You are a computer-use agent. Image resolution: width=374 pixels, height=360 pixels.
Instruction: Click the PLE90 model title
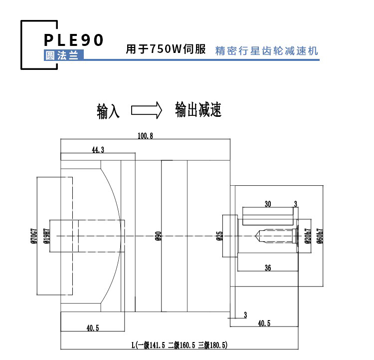73,39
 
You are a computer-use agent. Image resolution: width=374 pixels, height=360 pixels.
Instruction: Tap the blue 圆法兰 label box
64,55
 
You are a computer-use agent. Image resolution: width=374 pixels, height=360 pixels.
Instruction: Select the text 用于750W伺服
166,49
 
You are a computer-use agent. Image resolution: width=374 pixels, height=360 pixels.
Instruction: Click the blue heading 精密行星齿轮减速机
266,51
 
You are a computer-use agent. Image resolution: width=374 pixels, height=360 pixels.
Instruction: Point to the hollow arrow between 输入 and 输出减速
147,110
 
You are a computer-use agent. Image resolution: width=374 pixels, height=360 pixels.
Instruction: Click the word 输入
108,111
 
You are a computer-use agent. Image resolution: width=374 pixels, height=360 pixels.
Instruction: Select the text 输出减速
198,110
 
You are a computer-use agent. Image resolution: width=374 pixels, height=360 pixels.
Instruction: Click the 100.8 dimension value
145,136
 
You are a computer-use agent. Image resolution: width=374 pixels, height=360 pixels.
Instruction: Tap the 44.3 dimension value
98,150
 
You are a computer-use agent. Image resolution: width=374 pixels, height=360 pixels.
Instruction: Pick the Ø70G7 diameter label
34,236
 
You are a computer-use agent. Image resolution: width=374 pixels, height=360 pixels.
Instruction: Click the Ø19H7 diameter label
47,236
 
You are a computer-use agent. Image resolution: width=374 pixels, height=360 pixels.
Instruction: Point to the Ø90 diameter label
159,236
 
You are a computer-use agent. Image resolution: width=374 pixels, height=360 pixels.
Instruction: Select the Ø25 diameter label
219,236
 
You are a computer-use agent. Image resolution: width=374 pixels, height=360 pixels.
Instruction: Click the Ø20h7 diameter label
308,236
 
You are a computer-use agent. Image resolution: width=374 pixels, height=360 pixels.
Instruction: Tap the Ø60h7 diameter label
320,236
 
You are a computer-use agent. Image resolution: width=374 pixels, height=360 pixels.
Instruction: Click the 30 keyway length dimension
268,204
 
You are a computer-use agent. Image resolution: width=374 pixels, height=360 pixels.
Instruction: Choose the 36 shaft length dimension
268,268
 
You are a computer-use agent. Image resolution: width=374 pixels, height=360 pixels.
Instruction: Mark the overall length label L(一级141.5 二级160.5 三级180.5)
180,345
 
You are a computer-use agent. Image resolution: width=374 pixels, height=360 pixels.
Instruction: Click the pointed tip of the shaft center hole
255,236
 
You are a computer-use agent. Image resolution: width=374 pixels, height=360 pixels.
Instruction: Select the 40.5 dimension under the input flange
93,328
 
